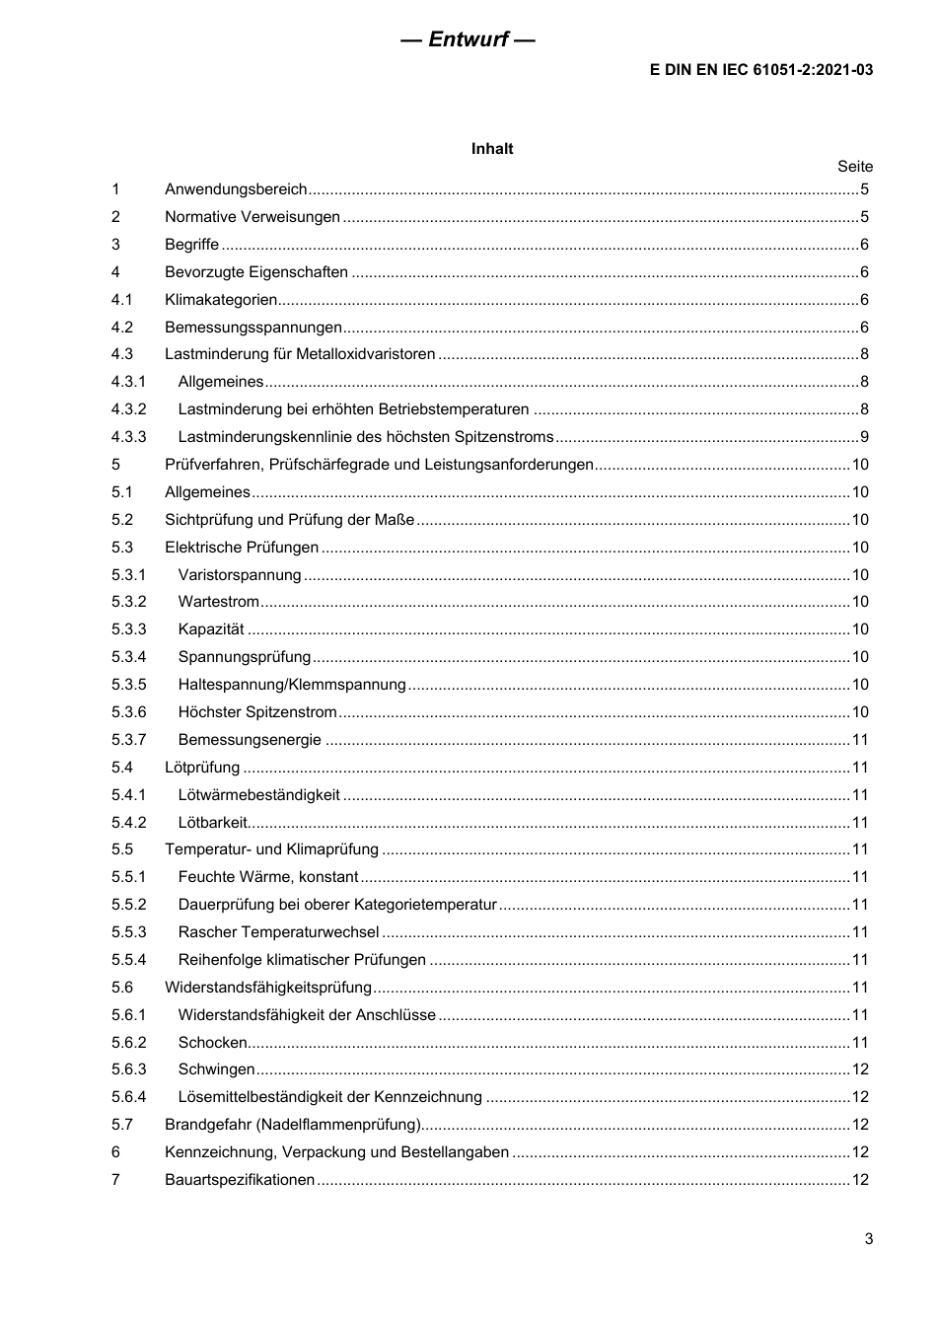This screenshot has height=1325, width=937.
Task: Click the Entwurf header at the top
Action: [x=468, y=39]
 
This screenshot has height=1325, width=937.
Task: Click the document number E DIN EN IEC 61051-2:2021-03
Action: [x=761, y=70]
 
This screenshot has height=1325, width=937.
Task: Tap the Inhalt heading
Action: [x=492, y=149]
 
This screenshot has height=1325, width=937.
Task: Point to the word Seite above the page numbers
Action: [x=854, y=167]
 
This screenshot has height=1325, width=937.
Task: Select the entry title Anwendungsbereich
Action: [x=236, y=189]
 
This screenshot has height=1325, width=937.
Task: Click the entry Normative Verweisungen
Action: [x=252, y=217]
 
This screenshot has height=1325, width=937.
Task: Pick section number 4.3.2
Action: [x=128, y=409]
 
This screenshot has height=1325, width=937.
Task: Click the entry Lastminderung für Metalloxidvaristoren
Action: [x=300, y=354]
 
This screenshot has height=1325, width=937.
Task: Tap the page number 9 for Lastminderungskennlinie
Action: [x=864, y=437]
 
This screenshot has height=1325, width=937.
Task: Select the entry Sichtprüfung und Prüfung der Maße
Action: [x=289, y=520]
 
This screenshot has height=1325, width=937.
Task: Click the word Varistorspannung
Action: [x=240, y=575]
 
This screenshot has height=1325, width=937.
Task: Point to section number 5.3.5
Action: [x=128, y=685]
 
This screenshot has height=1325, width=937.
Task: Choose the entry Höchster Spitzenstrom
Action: [x=257, y=712]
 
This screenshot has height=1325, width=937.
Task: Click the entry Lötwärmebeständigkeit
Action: [x=258, y=795]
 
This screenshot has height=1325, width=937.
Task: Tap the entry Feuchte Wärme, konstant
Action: [x=268, y=877]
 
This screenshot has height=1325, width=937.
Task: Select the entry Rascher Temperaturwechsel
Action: [x=278, y=932]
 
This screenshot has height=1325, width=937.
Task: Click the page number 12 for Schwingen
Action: [x=860, y=1069]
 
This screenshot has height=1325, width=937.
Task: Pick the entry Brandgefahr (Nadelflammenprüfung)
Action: [x=293, y=1125]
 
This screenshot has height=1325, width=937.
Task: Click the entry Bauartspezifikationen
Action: [x=240, y=1180]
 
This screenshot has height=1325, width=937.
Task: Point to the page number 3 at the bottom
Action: [x=868, y=1239]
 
